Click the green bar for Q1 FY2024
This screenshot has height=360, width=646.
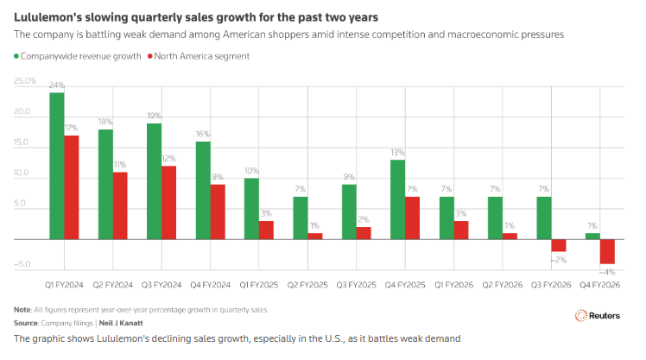tap(56, 165)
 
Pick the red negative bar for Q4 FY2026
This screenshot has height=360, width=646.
tap(607, 251)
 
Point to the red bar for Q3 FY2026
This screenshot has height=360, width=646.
tap(559, 245)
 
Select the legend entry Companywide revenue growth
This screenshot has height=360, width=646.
tap(77, 55)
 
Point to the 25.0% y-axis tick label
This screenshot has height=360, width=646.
tap(25, 81)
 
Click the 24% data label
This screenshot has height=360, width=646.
tap(57, 85)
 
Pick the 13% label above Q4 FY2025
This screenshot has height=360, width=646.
tap(396, 153)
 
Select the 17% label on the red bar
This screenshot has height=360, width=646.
tap(72, 128)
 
